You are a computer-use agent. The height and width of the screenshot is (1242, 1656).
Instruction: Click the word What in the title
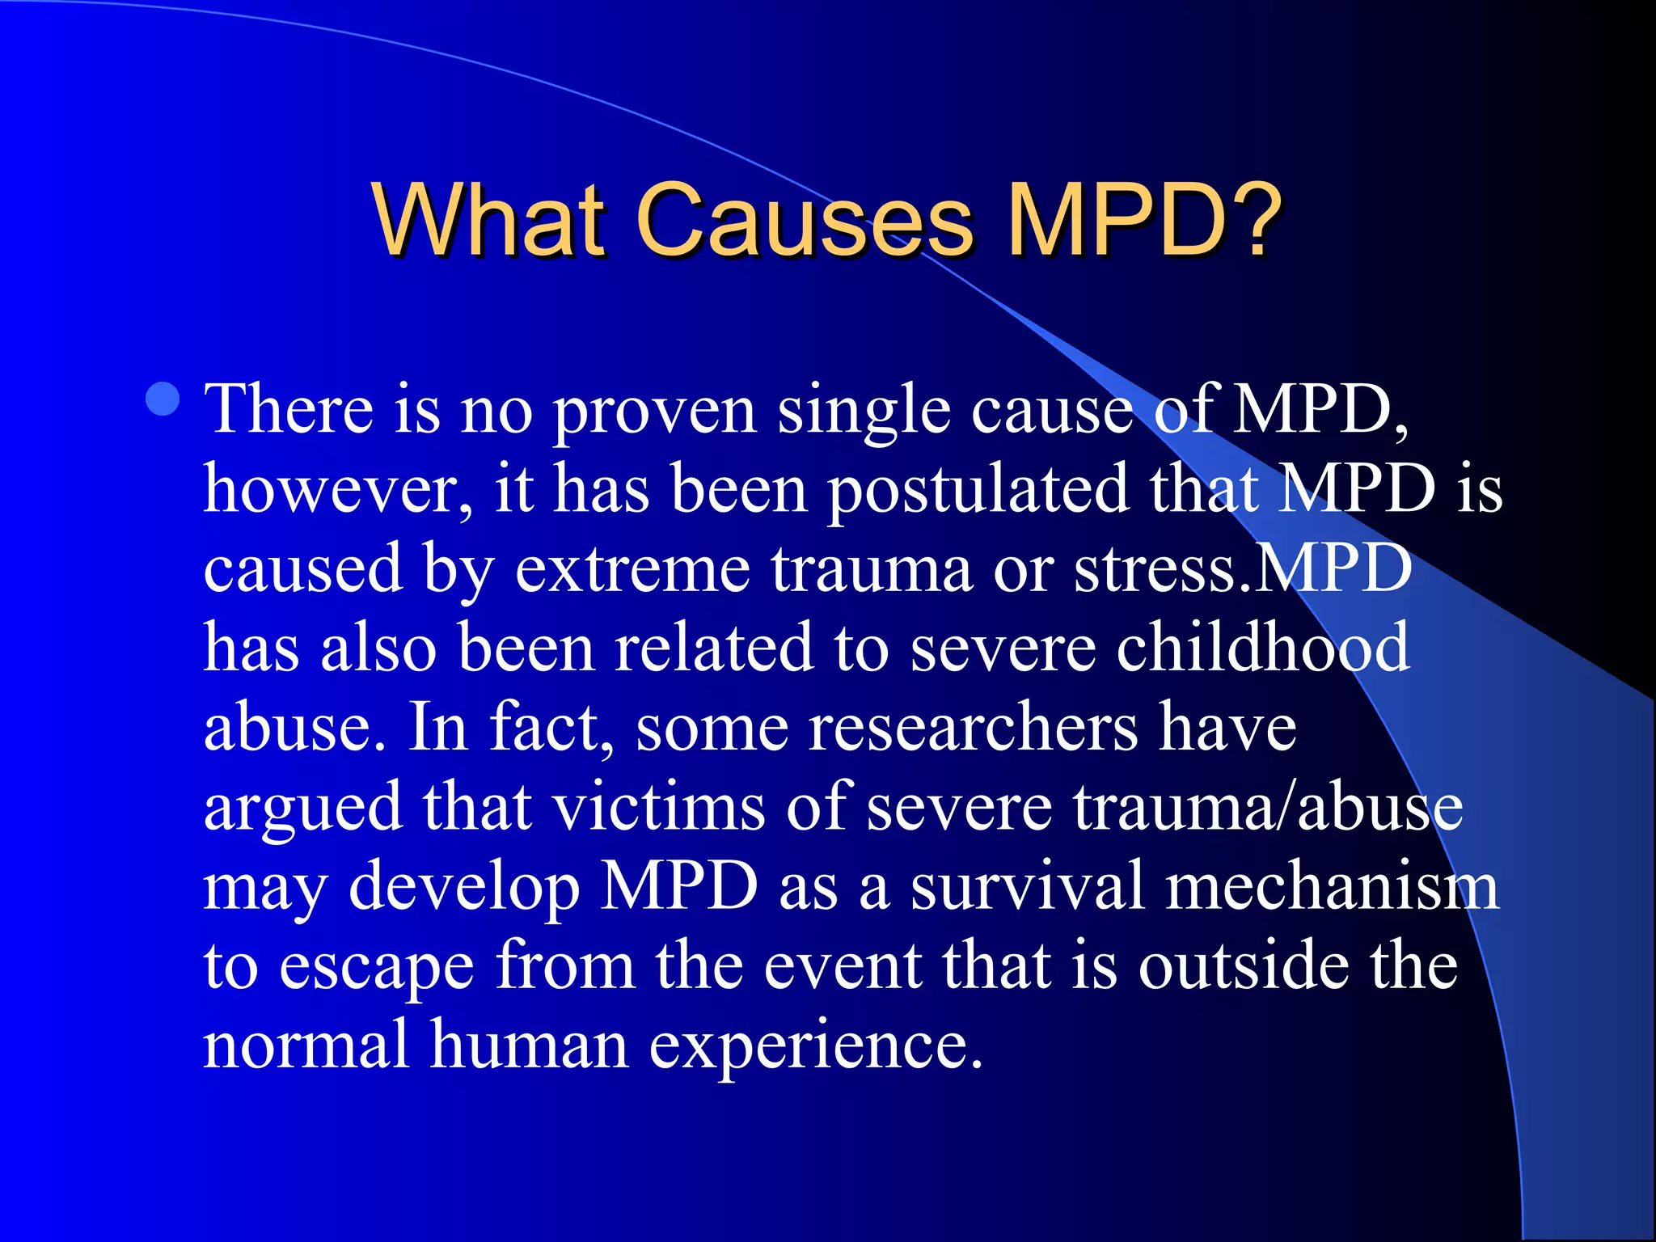488,219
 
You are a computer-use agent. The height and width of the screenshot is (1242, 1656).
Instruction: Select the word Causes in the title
804,219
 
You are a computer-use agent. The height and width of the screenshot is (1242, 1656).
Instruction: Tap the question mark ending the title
1251,219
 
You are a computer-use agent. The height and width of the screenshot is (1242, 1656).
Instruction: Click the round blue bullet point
163,399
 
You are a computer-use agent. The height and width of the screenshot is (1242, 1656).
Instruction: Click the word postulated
978,490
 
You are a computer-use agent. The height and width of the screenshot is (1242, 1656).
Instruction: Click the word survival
1027,885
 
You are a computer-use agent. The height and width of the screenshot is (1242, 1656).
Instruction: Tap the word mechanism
1332,885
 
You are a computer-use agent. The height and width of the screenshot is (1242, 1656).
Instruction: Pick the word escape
376,967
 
